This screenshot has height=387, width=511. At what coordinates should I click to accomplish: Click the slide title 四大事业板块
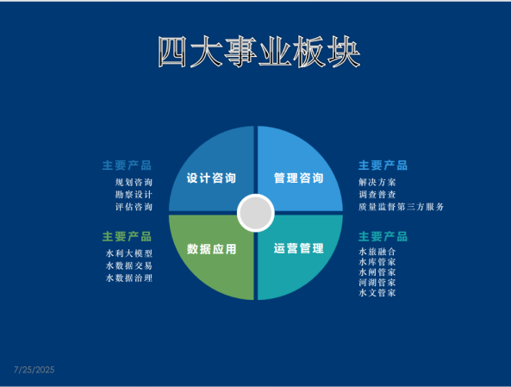click(259, 52)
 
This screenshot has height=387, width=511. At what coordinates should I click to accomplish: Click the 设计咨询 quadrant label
click(211, 178)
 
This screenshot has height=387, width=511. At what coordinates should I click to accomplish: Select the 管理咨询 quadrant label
click(298, 178)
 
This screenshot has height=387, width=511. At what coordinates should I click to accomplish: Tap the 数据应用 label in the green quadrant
click(211, 249)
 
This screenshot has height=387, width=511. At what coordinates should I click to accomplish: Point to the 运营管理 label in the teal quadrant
click(298, 248)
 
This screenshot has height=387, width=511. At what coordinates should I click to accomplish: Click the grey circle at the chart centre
click(256, 213)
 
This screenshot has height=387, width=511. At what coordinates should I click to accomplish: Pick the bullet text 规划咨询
click(134, 182)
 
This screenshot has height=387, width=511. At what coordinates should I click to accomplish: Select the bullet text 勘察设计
click(134, 195)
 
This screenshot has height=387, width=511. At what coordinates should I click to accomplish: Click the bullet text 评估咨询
click(134, 207)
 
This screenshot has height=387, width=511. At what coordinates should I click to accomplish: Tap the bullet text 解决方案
click(377, 182)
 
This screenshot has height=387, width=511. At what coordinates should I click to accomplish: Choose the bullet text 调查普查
click(377, 195)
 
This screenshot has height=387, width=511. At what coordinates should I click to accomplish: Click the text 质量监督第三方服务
click(402, 207)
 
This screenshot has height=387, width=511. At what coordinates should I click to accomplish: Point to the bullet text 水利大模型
click(129, 253)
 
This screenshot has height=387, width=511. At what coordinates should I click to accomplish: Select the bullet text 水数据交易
click(129, 265)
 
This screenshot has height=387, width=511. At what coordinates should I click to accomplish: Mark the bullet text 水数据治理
click(129, 278)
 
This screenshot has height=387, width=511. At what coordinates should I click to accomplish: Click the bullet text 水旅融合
click(377, 252)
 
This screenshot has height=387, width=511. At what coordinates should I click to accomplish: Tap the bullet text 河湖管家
click(377, 283)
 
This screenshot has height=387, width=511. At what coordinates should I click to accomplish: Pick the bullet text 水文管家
click(377, 293)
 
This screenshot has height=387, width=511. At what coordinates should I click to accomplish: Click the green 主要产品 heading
click(127, 237)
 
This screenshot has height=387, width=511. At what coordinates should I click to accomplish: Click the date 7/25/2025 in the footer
click(34, 370)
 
